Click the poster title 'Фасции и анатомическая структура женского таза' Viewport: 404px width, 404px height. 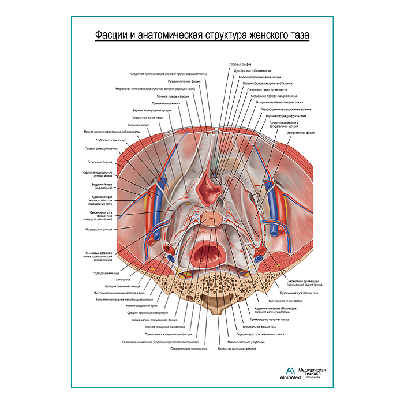coord(202,36)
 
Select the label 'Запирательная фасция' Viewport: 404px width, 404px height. coord(300,132)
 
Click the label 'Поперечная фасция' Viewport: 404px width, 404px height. coord(99,162)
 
